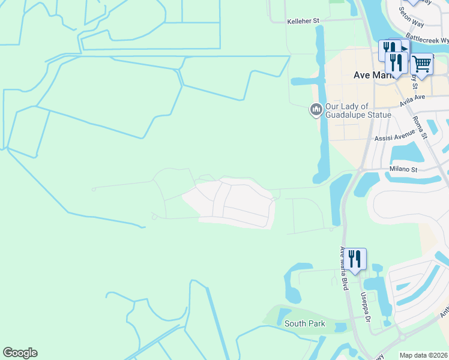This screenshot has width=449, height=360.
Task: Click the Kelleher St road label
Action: (x=304, y=20)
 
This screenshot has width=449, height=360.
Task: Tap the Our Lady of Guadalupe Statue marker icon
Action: (x=316, y=110)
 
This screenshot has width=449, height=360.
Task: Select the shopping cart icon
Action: (x=422, y=63)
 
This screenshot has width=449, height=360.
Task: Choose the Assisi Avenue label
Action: (x=395, y=137)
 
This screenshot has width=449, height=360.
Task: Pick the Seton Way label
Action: (x=412, y=19)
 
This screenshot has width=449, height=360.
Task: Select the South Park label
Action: (x=305, y=324)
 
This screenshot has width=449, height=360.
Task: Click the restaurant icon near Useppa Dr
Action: (x=355, y=259)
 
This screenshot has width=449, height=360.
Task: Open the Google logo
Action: (x=20, y=353)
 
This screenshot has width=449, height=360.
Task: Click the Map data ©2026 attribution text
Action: (x=423, y=355)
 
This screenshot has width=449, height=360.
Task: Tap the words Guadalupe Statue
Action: (x=358, y=115)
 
